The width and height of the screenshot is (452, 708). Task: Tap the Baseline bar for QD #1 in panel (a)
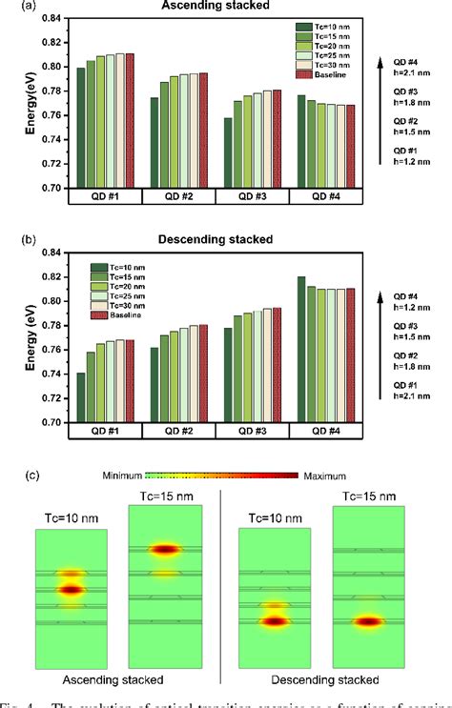coord(130,120)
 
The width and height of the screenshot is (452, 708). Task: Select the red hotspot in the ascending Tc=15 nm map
coord(166,549)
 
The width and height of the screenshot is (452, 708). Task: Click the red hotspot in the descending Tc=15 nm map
coord(370,621)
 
